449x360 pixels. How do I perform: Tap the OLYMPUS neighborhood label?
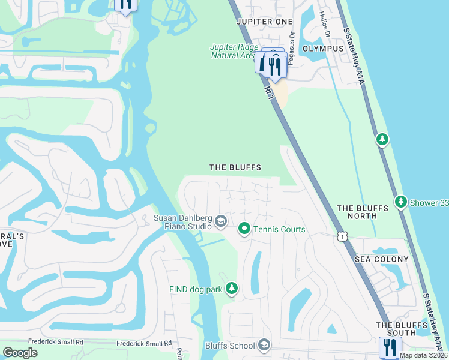point(323,49)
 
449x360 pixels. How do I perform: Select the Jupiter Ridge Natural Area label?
point(234,51)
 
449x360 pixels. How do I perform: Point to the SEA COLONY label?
point(381,259)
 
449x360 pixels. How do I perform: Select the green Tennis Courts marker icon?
point(244,229)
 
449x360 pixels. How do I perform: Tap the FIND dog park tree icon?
point(231,289)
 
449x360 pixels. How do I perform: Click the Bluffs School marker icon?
point(264,346)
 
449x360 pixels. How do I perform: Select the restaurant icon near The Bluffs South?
point(390,347)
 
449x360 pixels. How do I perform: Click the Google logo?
point(20,353)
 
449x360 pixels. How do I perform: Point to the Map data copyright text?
point(423,355)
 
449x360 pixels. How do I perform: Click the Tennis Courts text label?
point(279,230)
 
